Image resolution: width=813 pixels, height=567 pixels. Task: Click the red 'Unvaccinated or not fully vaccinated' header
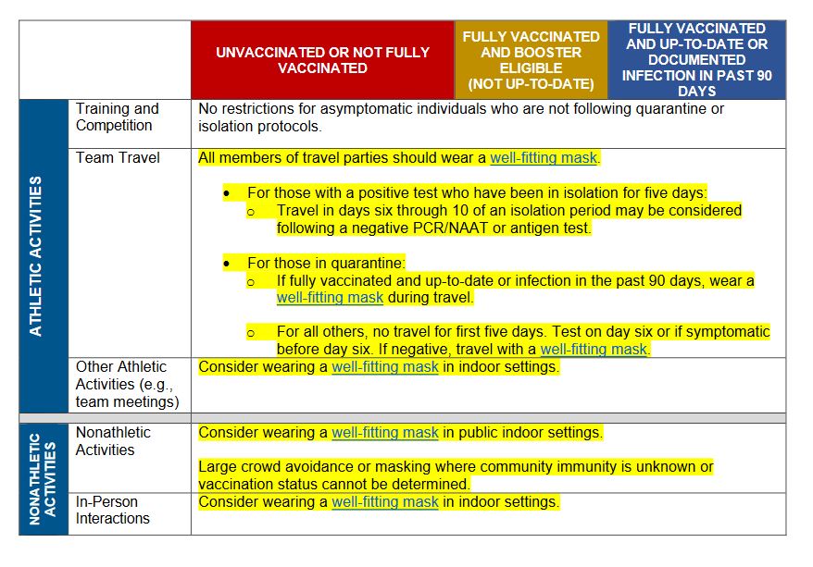point(322,60)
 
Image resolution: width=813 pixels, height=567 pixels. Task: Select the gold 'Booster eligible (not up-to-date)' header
point(531,60)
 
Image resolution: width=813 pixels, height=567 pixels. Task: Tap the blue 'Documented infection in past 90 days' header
point(696,60)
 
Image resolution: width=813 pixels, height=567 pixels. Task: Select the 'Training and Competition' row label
point(118,117)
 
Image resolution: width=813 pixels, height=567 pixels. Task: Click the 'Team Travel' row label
point(118,158)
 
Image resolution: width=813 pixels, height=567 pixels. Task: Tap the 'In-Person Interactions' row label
point(113,510)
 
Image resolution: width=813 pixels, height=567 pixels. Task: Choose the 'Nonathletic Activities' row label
point(112,441)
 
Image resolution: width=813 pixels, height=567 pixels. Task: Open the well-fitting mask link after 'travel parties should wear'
point(544,158)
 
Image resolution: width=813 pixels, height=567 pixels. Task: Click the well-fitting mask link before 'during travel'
point(330,298)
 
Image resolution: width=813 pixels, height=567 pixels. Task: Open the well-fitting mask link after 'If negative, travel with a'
point(594,350)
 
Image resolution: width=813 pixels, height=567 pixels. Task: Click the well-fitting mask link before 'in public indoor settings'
point(385,432)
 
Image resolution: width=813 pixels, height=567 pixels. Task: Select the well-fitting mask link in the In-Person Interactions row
point(385,502)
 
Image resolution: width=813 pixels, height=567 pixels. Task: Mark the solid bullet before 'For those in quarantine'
point(227,264)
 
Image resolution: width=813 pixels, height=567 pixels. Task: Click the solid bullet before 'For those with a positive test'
point(227,193)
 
